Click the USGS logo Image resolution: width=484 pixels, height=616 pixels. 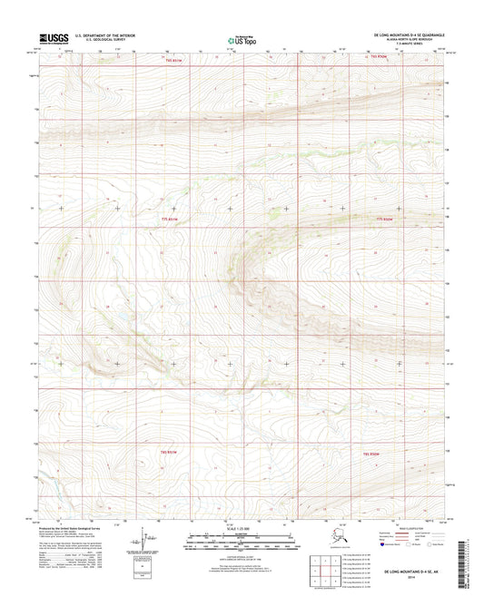tap(54, 38)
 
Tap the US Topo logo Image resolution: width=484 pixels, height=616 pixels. tap(235, 39)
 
